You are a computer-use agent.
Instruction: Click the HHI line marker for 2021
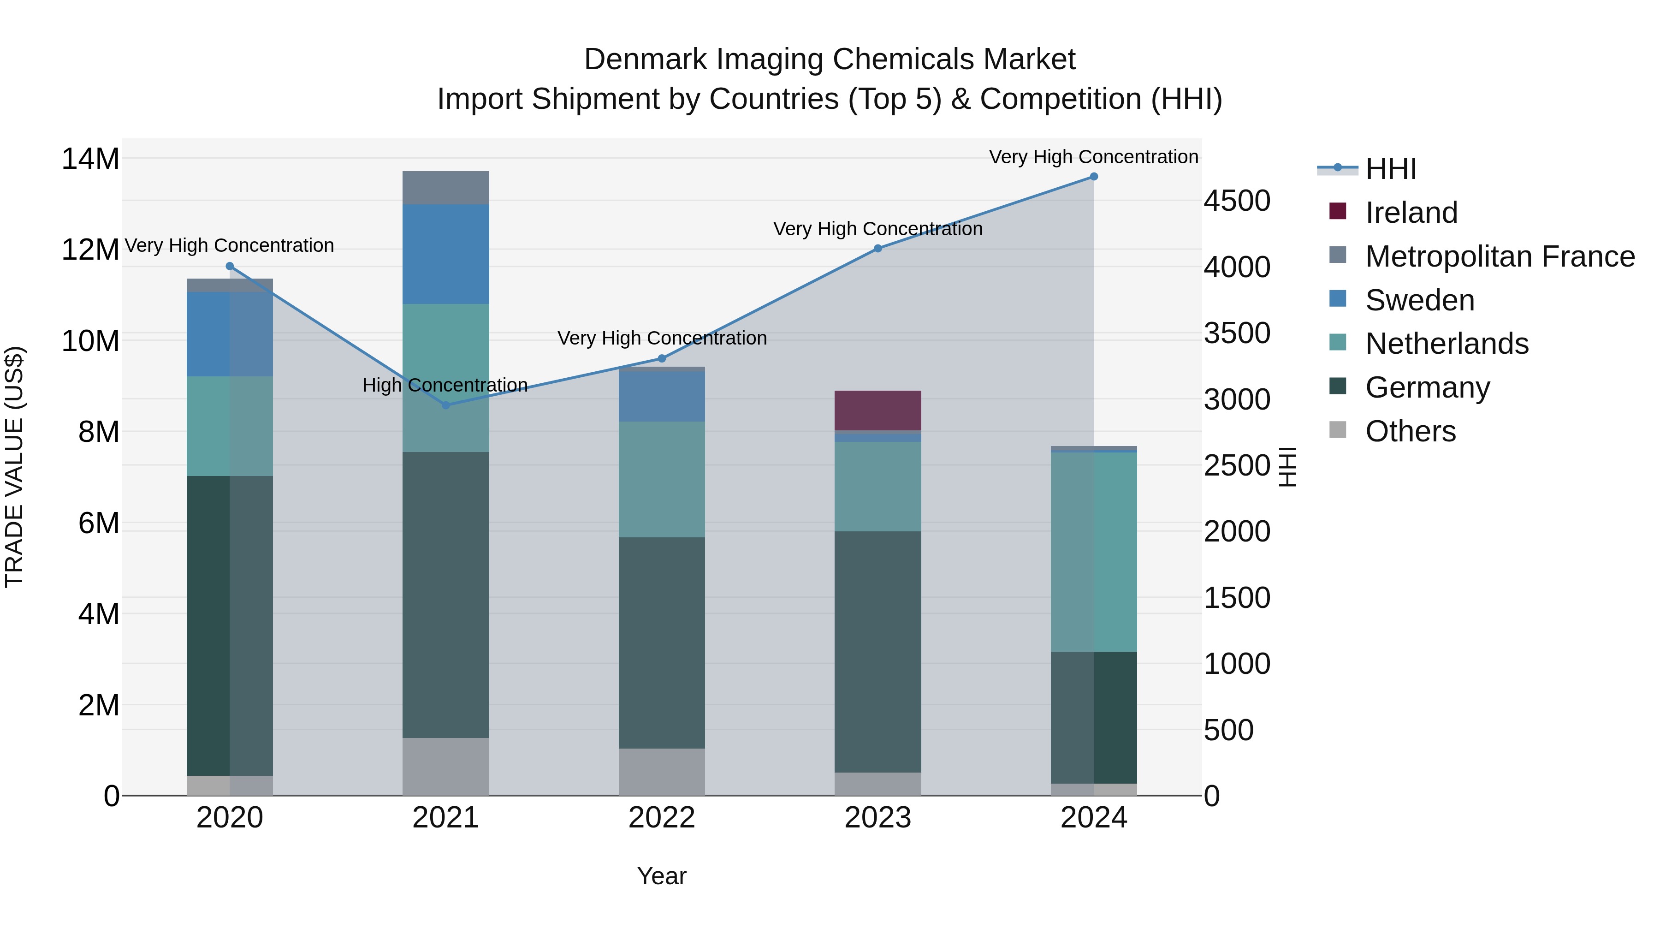point(445,405)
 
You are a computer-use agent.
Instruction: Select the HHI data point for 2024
point(1094,177)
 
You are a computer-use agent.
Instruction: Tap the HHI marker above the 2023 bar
point(877,248)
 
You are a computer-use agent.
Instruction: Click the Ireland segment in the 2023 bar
point(877,410)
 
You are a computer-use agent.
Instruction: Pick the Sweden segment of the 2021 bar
point(445,254)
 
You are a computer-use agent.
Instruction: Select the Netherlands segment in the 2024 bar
point(1094,552)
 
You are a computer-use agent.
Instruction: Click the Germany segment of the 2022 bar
point(662,642)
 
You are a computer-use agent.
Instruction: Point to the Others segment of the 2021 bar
point(445,767)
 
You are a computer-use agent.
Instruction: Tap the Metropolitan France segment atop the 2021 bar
point(445,188)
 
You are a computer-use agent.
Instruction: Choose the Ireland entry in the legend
point(1411,213)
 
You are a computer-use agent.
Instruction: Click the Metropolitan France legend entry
point(1500,256)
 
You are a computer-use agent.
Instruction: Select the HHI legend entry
point(1390,169)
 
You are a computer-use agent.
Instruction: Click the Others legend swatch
point(1338,430)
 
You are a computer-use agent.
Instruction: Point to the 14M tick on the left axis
point(90,159)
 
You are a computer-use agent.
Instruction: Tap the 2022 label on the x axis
point(662,818)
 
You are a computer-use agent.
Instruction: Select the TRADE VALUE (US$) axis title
point(14,467)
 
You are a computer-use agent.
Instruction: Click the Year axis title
point(662,876)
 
